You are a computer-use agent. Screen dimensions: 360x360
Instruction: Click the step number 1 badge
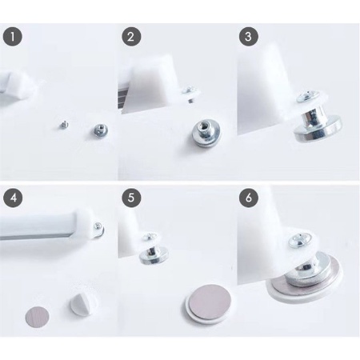click(x=13, y=37)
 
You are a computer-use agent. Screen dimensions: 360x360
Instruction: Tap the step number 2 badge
click(x=131, y=37)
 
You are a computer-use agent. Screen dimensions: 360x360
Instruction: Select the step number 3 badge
click(x=248, y=37)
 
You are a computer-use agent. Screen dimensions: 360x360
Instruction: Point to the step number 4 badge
click(x=14, y=198)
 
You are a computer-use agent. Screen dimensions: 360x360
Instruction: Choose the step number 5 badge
click(x=131, y=198)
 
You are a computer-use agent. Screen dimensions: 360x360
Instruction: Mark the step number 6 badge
click(x=249, y=198)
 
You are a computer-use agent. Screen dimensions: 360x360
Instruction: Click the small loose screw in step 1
click(x=64, y=124)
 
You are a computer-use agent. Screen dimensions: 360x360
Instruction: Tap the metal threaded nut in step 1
click(x=101, y=130)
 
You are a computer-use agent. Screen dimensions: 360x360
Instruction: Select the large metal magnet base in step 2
click(x=206, y=134)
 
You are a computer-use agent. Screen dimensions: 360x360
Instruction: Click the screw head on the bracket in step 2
click(x=190, y=90)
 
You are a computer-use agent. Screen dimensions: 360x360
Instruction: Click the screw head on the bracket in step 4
click(x=98, y=226)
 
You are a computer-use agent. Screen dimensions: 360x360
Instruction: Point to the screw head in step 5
click(x=150, y=236)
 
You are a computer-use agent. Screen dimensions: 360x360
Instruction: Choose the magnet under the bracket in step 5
click(x=154, y=255)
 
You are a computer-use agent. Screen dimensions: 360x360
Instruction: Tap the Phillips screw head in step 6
click(x=301, y=241)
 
